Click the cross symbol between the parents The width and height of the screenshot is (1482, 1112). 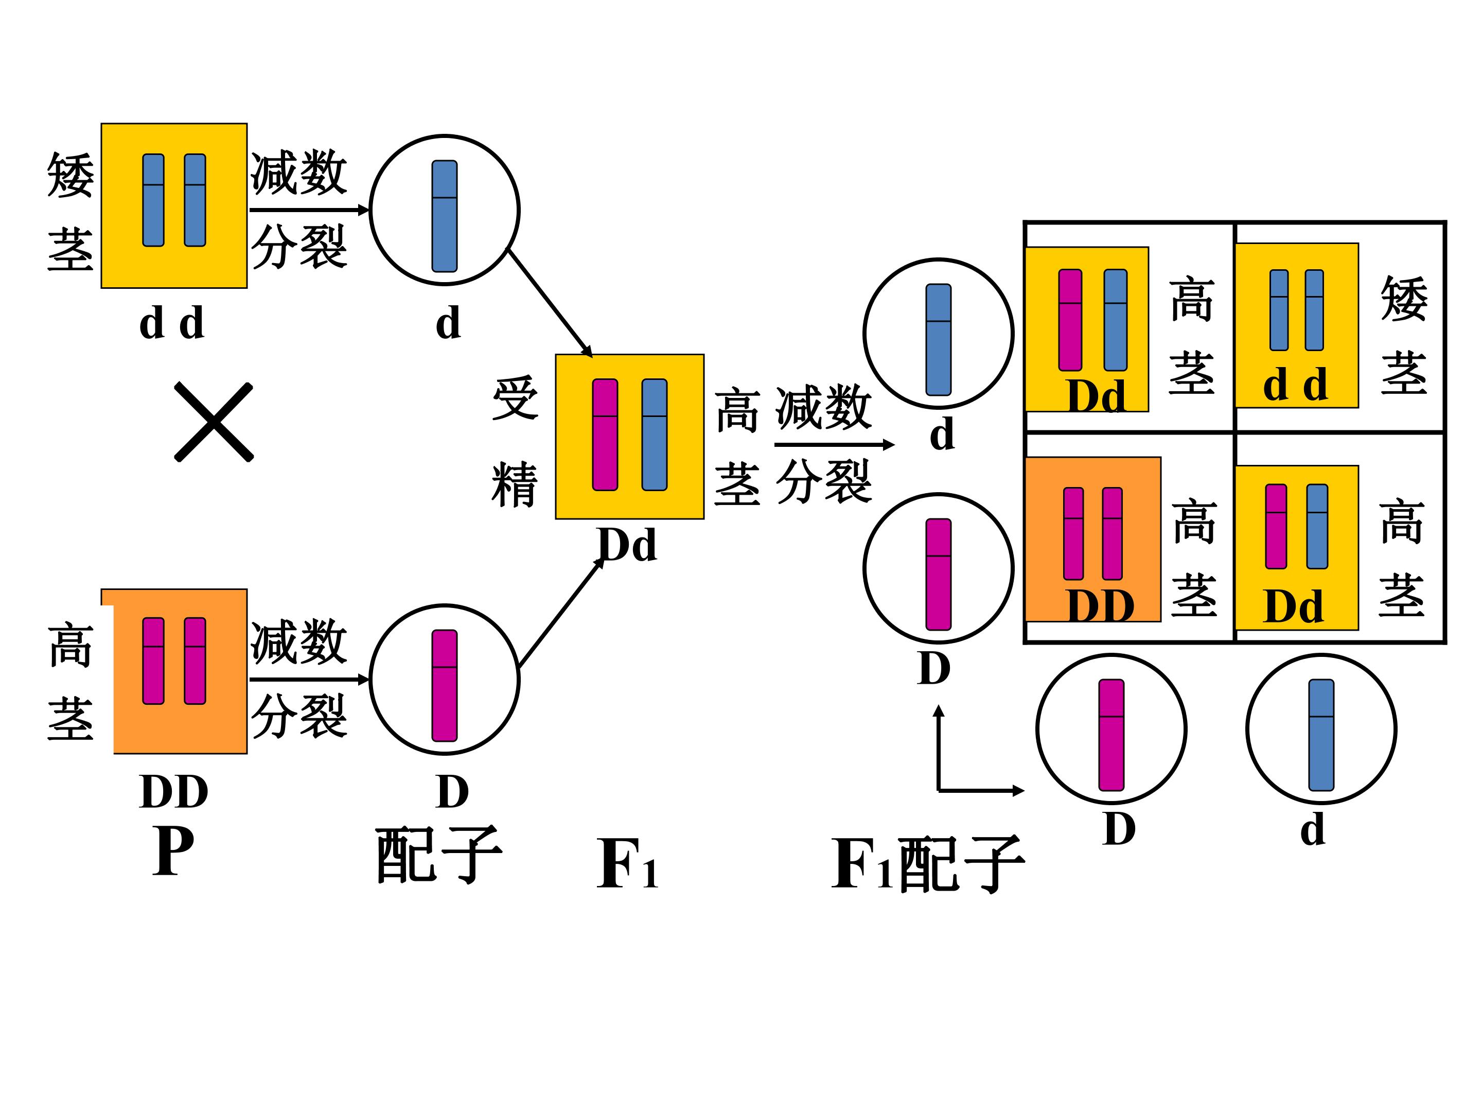pyautogui.click(x=214, y=422)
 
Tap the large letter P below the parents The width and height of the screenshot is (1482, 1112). pyautogui.click(x=173, y=852)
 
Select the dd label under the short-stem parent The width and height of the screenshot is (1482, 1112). pyautogui.click(x=171, y=324)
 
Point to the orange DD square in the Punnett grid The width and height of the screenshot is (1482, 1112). pyautogui.click(x=1093, y=540)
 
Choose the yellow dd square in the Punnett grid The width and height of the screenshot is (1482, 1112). pyautogui.click(x=1296, y=325)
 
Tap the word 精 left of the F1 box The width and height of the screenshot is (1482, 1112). pyautogui.click(x=515, y=484)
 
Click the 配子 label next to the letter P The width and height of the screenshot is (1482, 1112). pyautogui.click(x=438, y=855)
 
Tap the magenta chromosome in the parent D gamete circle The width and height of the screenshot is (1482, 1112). pyautogui.click(x=444, y=685)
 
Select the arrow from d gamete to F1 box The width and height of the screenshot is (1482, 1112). pyautogui.click(x=550, y=302)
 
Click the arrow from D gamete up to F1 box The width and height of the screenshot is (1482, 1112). pyautogui.click(x=561, y=613)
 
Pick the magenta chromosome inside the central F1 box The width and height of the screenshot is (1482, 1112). pyautogui.click(x=605, y=435)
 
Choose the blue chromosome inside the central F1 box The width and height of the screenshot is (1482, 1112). pyautogui.click(x=655, y=435)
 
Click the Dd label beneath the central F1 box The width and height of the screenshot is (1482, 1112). pyautogui.click(x=627, y=545)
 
